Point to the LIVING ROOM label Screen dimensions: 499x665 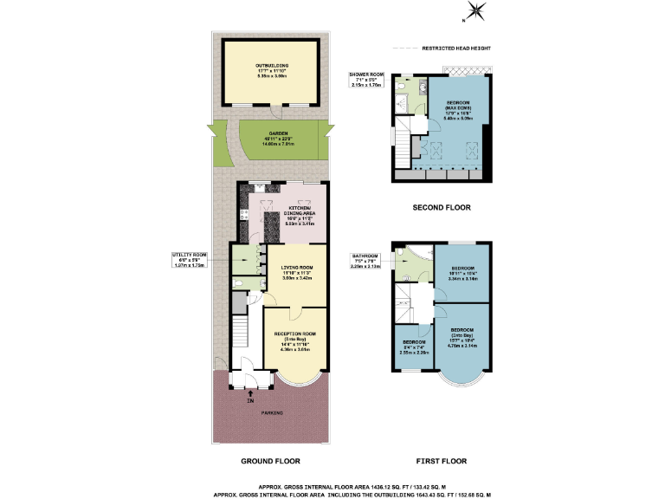tap(297, 272)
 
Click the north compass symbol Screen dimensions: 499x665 tap(475, 10)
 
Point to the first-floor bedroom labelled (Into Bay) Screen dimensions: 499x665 tap(461, 336)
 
